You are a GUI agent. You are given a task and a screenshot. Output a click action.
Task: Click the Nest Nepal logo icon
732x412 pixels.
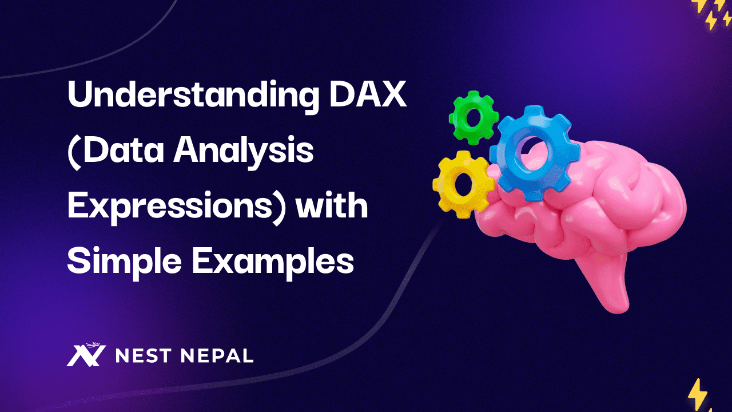pyautogui.click(x=86, y=355)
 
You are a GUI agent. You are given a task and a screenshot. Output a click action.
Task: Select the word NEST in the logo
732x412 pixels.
pyautogui.click(x=143, y=356)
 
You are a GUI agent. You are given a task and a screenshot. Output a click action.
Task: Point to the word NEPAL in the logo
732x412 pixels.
pyautogui.click(x=217, y=356)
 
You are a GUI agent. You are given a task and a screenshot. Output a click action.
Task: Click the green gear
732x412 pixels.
pyautogui.click(x=474, y=117)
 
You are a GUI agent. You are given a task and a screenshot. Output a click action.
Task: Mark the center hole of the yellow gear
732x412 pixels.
pyautogui.click(x=463, y=183)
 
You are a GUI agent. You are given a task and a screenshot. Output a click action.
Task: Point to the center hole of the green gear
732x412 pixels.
pyautogui.click(x=474, y=117)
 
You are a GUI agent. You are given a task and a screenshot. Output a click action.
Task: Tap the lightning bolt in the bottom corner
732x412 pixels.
pyautogui.click(x=697, y=395)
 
